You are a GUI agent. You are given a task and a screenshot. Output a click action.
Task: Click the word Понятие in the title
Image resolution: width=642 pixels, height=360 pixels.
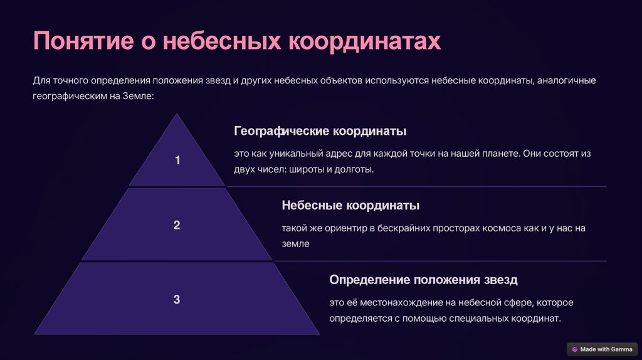(83, 41)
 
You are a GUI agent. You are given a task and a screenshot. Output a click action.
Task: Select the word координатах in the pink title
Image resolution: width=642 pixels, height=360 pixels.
(364, 41)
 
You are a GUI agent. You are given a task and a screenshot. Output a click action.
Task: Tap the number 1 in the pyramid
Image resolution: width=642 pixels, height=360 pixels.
(177, 160)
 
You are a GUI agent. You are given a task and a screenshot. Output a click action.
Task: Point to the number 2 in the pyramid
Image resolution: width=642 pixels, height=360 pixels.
(177, 225)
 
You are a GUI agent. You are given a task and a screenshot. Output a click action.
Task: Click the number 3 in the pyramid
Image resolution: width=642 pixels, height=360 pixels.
(177, 299)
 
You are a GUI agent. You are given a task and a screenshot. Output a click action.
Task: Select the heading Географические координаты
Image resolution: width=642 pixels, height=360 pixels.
(320, 131)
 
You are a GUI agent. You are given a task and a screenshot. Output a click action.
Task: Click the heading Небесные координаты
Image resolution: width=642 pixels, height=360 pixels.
(350, 205)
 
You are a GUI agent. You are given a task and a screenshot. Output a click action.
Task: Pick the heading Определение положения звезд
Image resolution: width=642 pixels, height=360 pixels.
(423, 280)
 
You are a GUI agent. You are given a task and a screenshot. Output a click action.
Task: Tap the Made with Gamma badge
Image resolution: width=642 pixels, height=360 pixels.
(603, 349)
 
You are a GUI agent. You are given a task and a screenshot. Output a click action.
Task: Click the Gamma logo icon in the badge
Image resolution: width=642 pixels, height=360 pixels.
(574, 349)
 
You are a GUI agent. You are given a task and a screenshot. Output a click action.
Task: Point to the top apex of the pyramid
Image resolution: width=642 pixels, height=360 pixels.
(177, 114)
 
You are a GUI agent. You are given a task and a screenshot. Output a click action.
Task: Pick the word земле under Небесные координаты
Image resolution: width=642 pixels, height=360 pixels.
(296, 244)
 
